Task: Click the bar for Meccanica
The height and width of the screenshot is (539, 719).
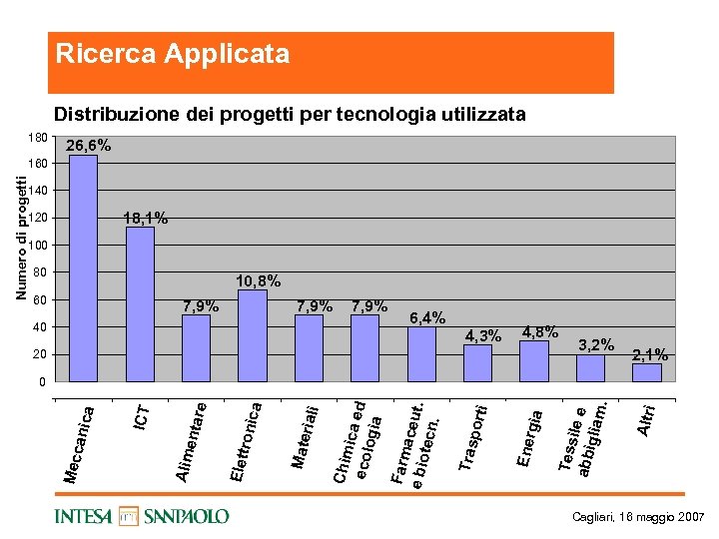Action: tap(83, 269)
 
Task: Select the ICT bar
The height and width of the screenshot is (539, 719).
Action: tap(140, 304)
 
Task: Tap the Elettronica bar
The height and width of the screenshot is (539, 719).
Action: tap(253, 335)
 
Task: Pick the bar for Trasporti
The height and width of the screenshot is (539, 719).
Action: tap(477, 363)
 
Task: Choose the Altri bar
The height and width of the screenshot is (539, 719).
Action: tap(647, 372)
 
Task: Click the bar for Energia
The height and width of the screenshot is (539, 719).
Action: tap(534, 361)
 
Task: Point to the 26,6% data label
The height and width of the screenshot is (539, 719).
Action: tap(89, 146)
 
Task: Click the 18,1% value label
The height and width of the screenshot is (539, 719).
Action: tap(145, 218)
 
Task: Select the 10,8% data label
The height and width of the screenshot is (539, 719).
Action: tap(258, 281)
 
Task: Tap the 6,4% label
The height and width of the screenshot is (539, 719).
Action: tap(427, 317)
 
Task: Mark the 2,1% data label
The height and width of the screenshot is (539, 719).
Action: tap(650, 354)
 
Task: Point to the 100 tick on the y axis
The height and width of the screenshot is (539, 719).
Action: tap(36, 246)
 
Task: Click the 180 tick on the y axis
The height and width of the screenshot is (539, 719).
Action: tap(36, 136)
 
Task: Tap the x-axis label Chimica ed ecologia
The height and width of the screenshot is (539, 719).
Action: tap(357, 440)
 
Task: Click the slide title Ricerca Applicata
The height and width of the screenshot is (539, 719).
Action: tap(173, 54)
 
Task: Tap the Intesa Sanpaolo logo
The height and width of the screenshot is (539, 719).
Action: tap(143, 516)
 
